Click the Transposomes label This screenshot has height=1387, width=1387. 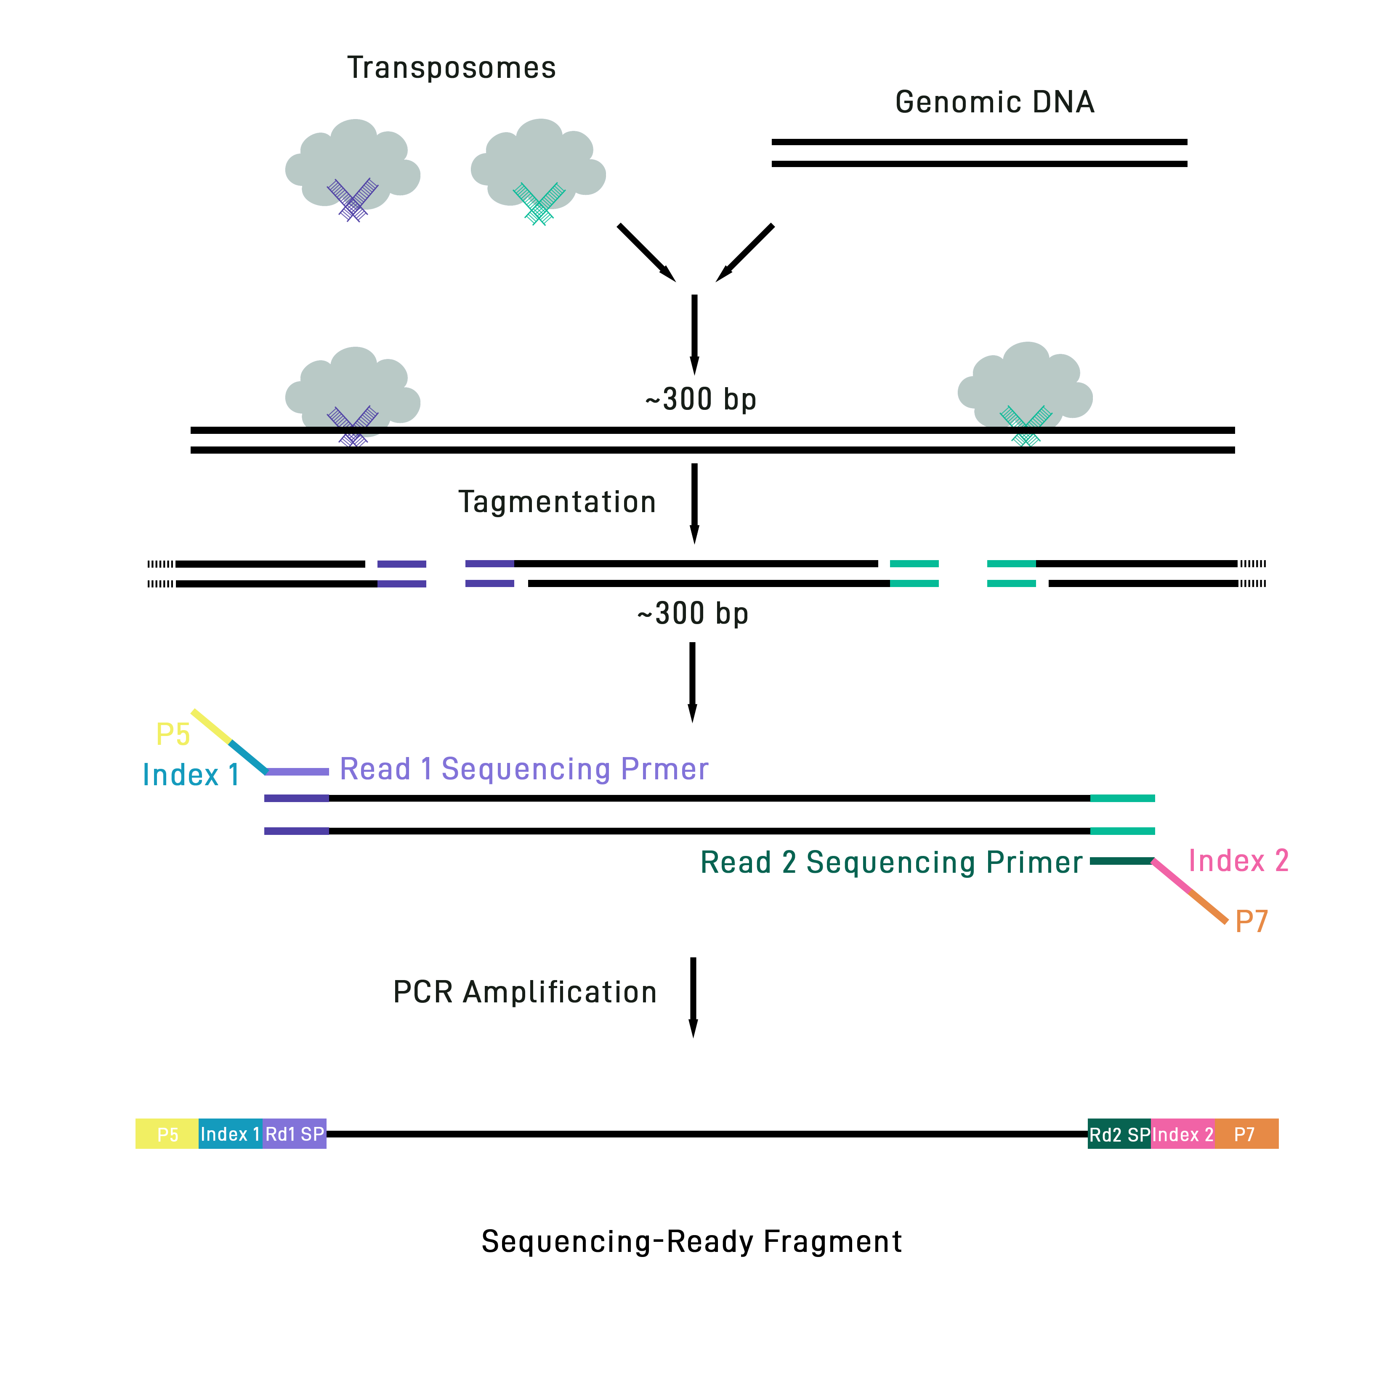point(452,68)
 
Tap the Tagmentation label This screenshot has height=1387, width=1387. point(557,502)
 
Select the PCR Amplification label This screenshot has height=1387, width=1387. point(525,992)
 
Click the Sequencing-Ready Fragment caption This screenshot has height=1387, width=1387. point(691,1241)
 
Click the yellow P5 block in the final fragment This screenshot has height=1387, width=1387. point(167,1134)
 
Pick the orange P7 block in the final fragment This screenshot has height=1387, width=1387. point(1246,1134)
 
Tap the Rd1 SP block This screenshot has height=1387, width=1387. point(294,1134)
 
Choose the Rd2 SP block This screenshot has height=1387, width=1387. point(1119,1134)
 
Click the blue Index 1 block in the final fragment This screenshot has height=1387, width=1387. point(231,1134)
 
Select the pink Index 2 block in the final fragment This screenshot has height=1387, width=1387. point(1182,1134)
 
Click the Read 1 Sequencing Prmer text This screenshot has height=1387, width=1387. point(524,769)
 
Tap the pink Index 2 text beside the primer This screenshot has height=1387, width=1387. point(1238,861)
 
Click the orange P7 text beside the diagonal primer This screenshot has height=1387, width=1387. point(1251,921)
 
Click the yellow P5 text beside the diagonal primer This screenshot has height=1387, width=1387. point(173,734)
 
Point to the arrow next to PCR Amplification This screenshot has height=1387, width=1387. point(693,997)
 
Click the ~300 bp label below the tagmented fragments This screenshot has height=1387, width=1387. point(693,614)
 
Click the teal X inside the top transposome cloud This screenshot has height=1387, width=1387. point(539,203)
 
